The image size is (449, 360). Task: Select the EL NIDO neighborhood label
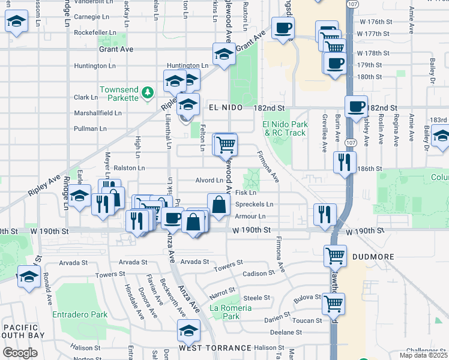tap(225, 107)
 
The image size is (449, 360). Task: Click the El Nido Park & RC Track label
tap(285, 128)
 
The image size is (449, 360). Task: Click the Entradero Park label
tap(80, 314)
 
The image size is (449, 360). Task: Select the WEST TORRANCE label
tap(214, 348)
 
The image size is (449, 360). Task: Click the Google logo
tap(20, 353)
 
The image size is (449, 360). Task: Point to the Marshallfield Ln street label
tap(98, 112)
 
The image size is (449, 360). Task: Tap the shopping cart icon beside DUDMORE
tap(335, 255)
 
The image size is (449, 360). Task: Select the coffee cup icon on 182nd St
tap(357, 106)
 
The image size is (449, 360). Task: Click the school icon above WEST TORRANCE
tap(189, 330)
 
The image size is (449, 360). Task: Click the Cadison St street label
tap(258, 273)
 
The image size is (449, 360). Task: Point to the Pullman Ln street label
tap(90, 128)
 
